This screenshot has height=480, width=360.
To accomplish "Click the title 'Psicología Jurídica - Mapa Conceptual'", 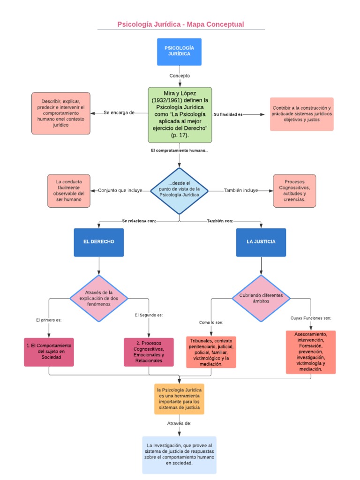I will [x=180, y=24].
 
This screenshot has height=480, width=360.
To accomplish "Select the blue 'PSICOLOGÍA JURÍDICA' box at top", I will [x=180, y=52].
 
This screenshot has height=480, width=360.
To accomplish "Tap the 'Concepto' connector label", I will [x=180, y=75].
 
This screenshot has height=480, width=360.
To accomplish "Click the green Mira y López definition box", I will [x=180, y=115].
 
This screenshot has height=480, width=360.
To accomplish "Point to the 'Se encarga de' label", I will [x=119, y=112].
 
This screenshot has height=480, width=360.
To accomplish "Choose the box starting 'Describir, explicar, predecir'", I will [x=61, y=113].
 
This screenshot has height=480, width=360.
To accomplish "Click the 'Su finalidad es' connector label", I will [x=228, y=114].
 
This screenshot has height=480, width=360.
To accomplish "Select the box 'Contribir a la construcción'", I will [x=302, y=114].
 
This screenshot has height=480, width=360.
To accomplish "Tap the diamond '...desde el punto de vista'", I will [x=180, y=191].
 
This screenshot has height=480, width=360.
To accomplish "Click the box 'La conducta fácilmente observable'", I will [x=68, y=190].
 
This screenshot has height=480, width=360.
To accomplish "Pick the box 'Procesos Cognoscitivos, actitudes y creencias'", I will [x=294, y=190].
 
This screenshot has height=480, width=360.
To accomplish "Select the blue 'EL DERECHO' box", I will [x=99, y=242].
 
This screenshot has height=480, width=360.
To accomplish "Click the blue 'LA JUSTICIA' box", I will [x=261, y=242].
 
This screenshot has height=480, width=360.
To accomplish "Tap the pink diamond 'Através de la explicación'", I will [x=99, y=298].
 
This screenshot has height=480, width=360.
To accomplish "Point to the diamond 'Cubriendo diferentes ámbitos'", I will [x=261, y=298].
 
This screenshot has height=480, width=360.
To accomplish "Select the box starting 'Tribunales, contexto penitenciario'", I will [x=211, y=352].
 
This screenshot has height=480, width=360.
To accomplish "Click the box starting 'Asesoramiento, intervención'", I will [x=311, y=352].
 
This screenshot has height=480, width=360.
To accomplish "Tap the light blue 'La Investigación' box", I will [x=180, y=455].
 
